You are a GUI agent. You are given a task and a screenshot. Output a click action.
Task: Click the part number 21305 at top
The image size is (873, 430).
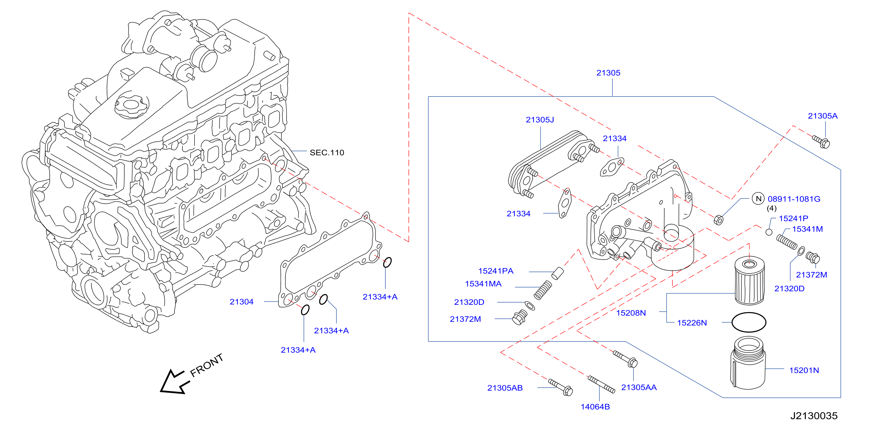click(608, 73)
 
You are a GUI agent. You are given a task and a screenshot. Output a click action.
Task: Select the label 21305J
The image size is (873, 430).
click(540, 120)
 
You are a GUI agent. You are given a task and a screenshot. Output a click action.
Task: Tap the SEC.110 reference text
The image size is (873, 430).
click(327, 153)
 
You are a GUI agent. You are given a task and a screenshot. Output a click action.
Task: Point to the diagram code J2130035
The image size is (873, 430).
click(814, 416)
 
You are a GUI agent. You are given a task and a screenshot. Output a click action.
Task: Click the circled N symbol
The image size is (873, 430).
click(758, 199)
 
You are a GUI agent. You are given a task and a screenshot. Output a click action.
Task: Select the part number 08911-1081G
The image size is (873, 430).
click(794, 199)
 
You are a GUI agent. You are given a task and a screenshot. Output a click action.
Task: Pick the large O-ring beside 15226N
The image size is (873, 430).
click(749, 322)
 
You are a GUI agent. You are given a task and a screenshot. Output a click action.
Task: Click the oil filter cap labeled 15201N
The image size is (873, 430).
click(748, 363)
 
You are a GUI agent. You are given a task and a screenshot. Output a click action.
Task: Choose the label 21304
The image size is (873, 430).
click(242, 302)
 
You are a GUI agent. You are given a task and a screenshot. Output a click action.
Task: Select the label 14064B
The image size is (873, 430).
click(595, 407)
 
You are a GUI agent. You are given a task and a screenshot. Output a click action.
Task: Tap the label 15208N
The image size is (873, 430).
click(631, 313)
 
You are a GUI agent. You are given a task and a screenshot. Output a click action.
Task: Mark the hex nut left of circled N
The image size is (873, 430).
click(718, 220)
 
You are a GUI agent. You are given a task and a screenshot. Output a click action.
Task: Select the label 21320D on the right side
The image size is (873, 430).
click(789, 289)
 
